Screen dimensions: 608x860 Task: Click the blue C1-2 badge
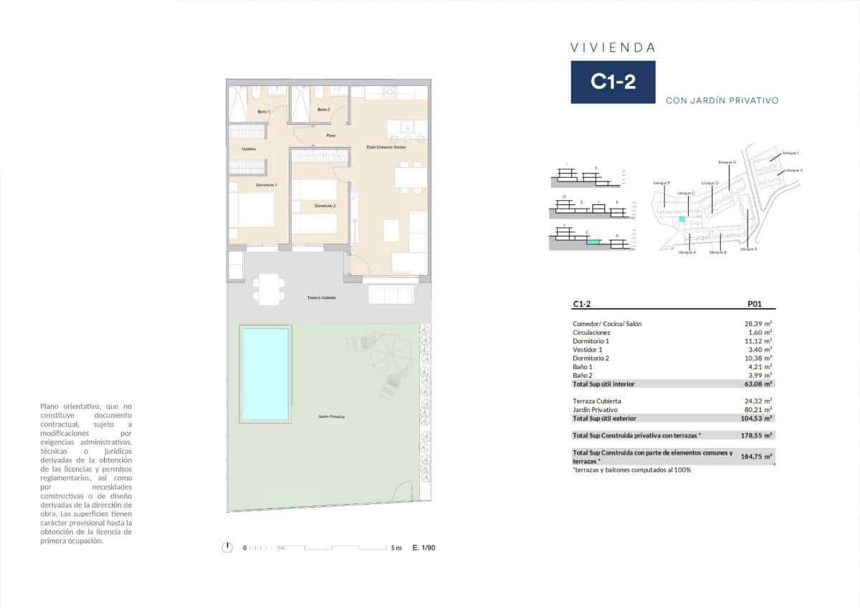pos(613,82)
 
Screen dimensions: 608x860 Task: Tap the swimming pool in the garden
pos(265,374)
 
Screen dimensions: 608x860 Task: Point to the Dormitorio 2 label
pos(325,206)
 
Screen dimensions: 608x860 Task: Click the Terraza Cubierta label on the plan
pos(322,298)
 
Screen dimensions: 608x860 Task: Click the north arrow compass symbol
pos(227,548)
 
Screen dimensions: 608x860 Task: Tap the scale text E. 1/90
pos(424,548)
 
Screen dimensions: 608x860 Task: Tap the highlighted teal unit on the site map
pos(682,218)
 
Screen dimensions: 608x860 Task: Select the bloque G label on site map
pos(727,163)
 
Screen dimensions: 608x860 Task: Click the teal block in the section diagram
pos(592,242)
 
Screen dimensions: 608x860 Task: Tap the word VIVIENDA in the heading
pos(613,48)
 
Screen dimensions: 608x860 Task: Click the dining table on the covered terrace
pos(267,289)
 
